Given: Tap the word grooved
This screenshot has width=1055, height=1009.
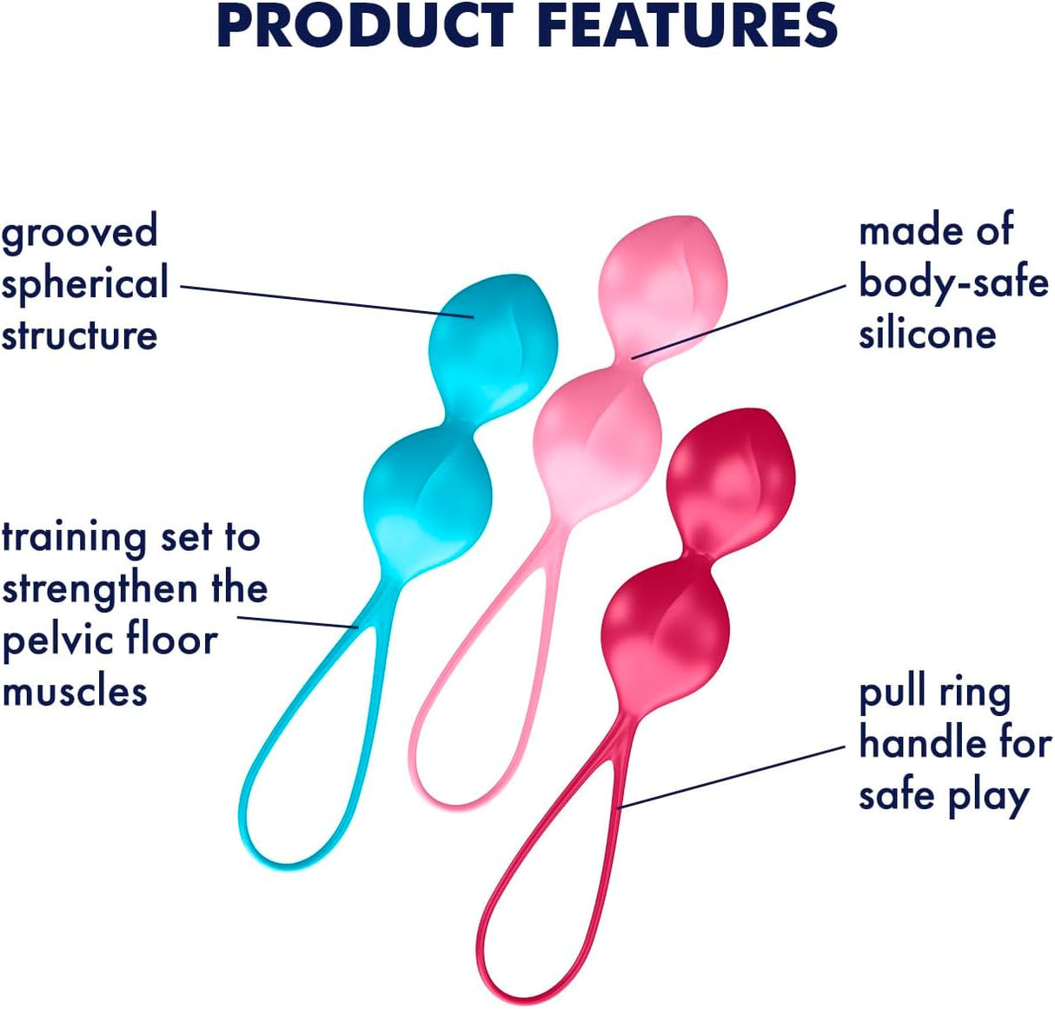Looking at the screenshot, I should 79,233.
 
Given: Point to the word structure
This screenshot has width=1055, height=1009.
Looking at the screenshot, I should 79,335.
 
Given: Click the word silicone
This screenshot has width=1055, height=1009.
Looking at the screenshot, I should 927,334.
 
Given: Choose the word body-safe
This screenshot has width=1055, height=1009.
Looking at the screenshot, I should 953,282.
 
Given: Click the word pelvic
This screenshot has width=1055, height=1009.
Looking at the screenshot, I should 56,641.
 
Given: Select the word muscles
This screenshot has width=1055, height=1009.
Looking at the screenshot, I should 75,692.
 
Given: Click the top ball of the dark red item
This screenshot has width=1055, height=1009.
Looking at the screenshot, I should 731,477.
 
